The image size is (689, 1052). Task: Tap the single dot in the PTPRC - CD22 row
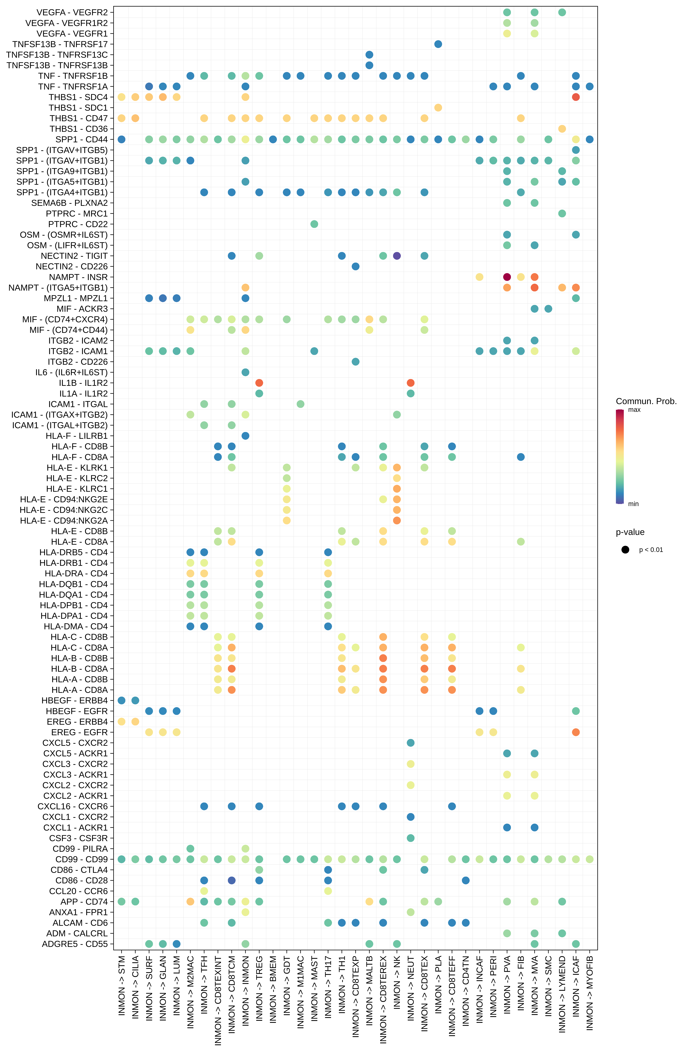point(314,224)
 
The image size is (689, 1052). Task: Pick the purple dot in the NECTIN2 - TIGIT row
point(397,256)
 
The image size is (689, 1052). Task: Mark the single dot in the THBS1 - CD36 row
point(562,129)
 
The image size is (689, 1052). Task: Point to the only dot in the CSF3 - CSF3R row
point(410,838)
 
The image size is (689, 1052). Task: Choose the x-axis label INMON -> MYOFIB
point(590,992)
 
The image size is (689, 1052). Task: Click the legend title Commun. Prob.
point(646,401)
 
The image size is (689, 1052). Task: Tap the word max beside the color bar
point(634,410)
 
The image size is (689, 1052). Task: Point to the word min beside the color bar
point(633,504)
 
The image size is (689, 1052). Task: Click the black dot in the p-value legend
point(625,550)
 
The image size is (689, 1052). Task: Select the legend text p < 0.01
point(651,550)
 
